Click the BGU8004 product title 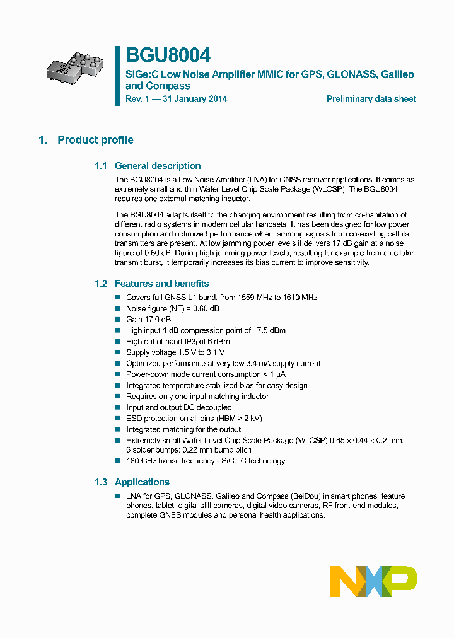coord(168,55)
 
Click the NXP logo coord(373,581)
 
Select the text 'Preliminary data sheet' coord(371,99)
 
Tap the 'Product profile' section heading coord(95,140)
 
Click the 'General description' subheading coord(158,166)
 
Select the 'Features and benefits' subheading coord(161,284)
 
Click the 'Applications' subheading coord(142,482)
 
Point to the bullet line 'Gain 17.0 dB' coord(148,320)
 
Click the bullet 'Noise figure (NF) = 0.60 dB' coord(173,308)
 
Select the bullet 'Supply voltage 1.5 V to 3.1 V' coord(175,352)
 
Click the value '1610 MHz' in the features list coord(300,298)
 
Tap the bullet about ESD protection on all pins coord(194,419)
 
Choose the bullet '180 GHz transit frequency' coord(206,461)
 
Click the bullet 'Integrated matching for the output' coord(183,429)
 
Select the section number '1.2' coord(101,284)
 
